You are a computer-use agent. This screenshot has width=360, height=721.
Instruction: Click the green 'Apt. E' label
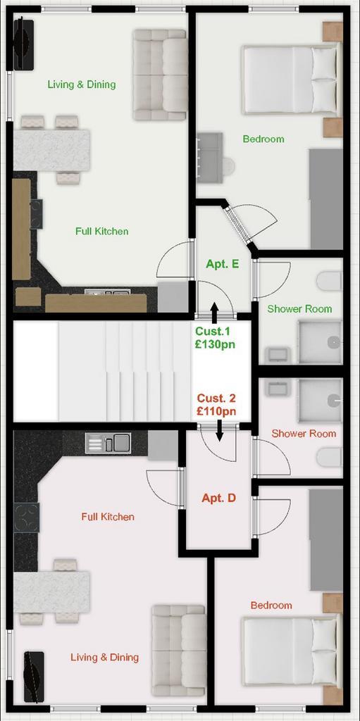pos(223,264)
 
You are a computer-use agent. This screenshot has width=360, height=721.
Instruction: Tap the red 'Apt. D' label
pos(218,498)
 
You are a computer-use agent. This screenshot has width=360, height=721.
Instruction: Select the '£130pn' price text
pos(215,344)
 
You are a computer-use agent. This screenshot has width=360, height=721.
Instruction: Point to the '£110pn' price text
pos(216,411)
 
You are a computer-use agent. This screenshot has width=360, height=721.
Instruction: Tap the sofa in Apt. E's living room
pos(160,75)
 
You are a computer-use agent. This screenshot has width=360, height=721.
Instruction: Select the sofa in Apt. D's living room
pos(179,650)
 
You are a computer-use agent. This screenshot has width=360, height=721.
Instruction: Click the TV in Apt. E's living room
pos(23,44)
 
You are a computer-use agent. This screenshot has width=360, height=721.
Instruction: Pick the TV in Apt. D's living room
pos(34,677)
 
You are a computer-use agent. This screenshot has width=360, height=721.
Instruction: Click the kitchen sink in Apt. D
pos(108,443)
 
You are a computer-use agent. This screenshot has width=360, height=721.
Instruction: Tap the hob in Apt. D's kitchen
pos(27,518)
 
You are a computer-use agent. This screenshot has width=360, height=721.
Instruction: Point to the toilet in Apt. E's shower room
pos(330,280)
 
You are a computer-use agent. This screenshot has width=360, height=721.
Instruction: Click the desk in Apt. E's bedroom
pos(210,156)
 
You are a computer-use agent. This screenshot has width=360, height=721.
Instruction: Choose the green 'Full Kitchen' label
pos(101,231)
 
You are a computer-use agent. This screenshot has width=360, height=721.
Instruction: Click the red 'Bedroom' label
pos(271,605)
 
